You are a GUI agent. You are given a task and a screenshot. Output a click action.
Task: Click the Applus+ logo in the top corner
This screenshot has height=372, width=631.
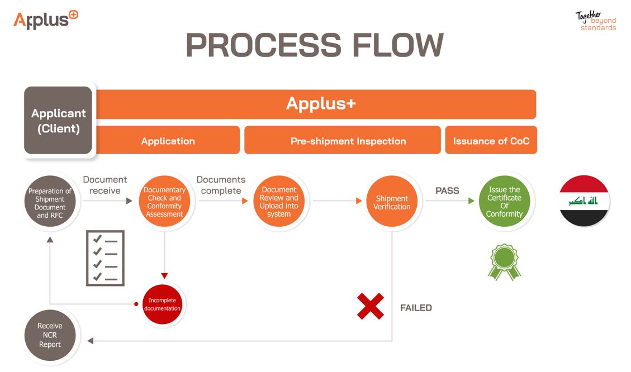45,20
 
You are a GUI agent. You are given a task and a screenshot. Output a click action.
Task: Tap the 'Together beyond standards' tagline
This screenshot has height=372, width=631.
596,21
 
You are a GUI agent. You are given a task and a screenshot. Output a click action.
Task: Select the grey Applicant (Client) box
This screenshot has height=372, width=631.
58,120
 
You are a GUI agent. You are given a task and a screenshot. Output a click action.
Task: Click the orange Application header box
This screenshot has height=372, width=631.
168,140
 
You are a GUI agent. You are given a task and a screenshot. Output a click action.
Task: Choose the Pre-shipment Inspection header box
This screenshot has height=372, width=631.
342,140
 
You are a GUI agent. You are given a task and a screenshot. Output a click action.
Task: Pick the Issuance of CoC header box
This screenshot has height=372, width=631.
491,140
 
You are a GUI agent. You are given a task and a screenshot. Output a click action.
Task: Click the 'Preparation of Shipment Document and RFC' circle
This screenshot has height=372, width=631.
50,203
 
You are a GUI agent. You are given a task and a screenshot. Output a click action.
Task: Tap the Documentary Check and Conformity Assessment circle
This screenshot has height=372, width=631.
164,202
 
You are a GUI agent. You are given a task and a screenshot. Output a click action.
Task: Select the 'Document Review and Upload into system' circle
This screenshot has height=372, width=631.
279,202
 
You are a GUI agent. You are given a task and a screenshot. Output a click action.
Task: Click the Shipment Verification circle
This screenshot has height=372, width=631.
392,202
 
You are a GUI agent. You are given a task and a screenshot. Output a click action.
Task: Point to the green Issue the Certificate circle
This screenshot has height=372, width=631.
504,202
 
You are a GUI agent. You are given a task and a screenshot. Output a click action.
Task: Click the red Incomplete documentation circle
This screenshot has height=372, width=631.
163,304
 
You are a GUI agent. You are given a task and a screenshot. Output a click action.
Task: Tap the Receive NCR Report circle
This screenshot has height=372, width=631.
50,335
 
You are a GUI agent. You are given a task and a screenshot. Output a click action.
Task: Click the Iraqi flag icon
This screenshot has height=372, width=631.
584,201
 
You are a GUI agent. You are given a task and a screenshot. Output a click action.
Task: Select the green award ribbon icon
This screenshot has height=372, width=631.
504,261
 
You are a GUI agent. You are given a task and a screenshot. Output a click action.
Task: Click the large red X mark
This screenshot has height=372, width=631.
371,306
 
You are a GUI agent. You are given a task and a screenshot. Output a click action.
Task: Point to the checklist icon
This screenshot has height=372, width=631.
105,258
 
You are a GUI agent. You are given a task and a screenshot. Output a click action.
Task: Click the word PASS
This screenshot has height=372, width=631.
447,190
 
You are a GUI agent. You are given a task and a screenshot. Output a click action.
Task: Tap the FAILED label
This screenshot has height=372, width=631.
416,308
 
